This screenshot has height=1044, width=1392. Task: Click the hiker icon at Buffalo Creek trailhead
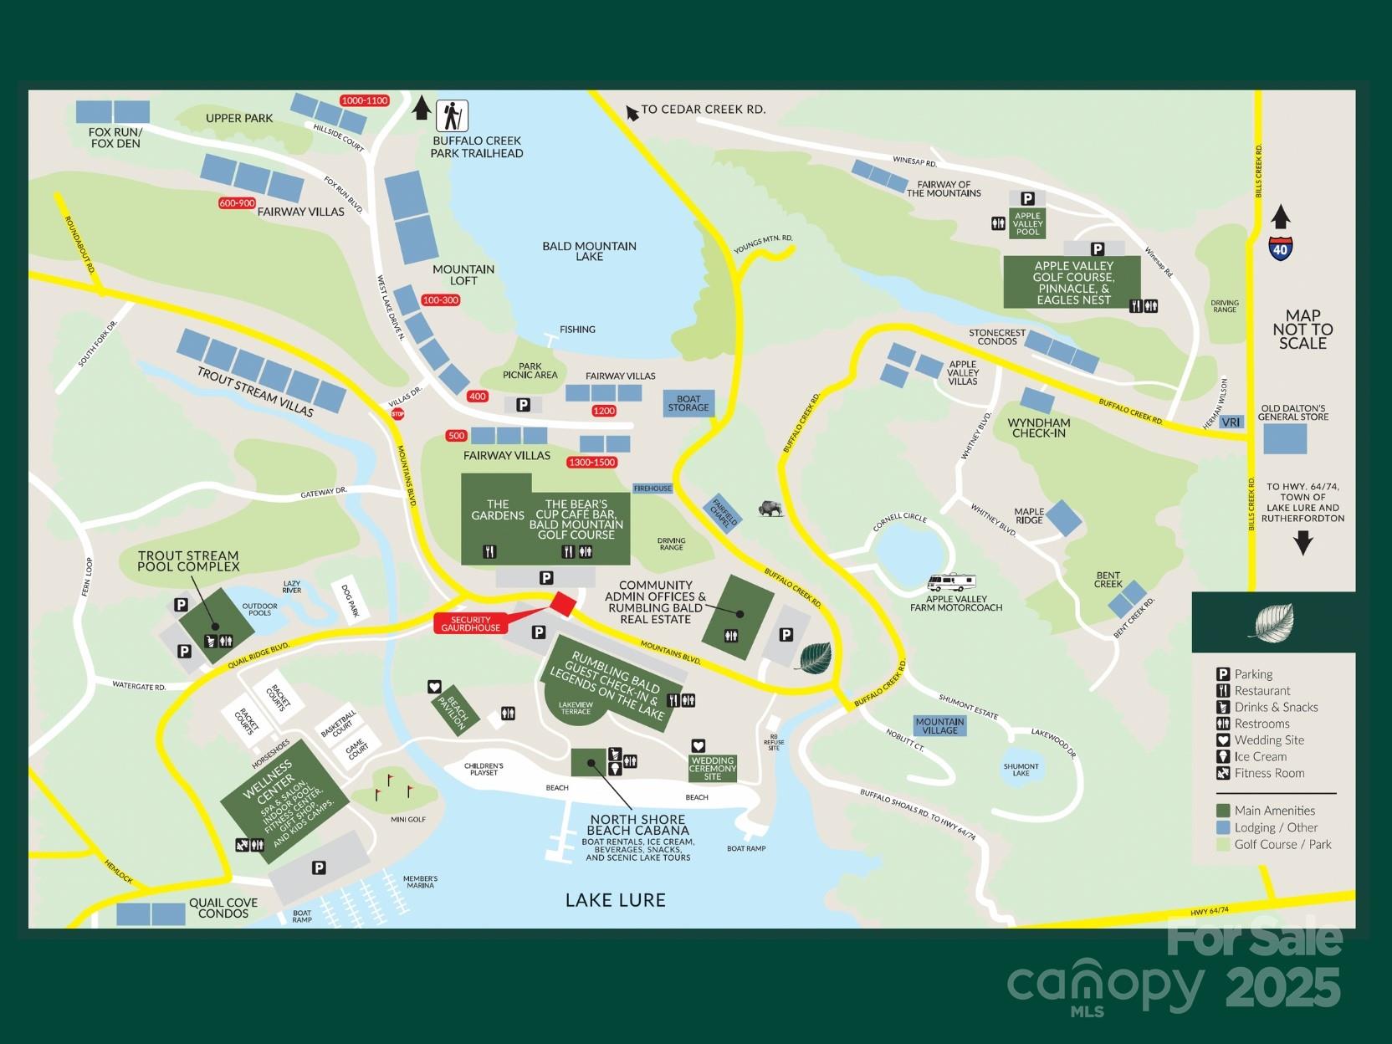[x=452, y=115]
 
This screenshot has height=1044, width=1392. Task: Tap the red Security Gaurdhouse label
[x=471, y=624]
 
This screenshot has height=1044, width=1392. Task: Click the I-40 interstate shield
[x=1280, y=248]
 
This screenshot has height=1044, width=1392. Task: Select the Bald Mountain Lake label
[x=589, y=251]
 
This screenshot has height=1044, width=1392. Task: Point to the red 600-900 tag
[x=237, y=203]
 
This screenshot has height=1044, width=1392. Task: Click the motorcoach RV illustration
[x=952, y=582]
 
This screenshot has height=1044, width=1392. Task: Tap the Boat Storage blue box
[x=688, y=403]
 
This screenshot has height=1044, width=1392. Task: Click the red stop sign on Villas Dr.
[x=397, y=413]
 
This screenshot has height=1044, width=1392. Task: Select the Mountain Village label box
[x=939, y=725]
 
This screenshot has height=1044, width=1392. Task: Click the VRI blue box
[x=1231, y=422]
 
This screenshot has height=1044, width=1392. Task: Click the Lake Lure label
[x=615, y=900]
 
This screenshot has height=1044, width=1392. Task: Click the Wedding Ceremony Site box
[x=712, y=768]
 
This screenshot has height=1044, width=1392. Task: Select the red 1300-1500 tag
[x=591, y=463]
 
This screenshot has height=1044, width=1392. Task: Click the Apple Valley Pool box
[x=1028, y=223]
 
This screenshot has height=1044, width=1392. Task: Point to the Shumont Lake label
[x=1021, y=769]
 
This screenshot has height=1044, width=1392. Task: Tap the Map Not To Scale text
[x=1302, y=329]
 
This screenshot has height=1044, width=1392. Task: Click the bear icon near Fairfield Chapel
[x=770, y=508]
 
